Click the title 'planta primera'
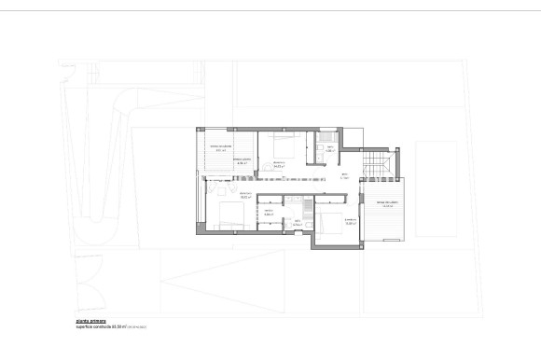point(90,321)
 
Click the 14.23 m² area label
point(279,164)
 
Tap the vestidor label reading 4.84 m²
point(268,213)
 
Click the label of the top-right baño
point(330,150)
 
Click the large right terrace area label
point(388,205)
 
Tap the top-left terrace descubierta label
point(220,148)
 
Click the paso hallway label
point(343,176)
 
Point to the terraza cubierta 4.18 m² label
point(243,164)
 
